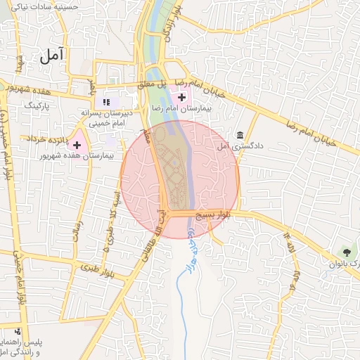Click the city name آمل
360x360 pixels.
[53, 54]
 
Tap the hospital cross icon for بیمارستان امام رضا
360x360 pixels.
[182, 97]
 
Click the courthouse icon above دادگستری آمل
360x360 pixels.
[240, 135]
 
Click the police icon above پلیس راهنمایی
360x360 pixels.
[18, 331]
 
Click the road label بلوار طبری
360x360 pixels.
[97, 269]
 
